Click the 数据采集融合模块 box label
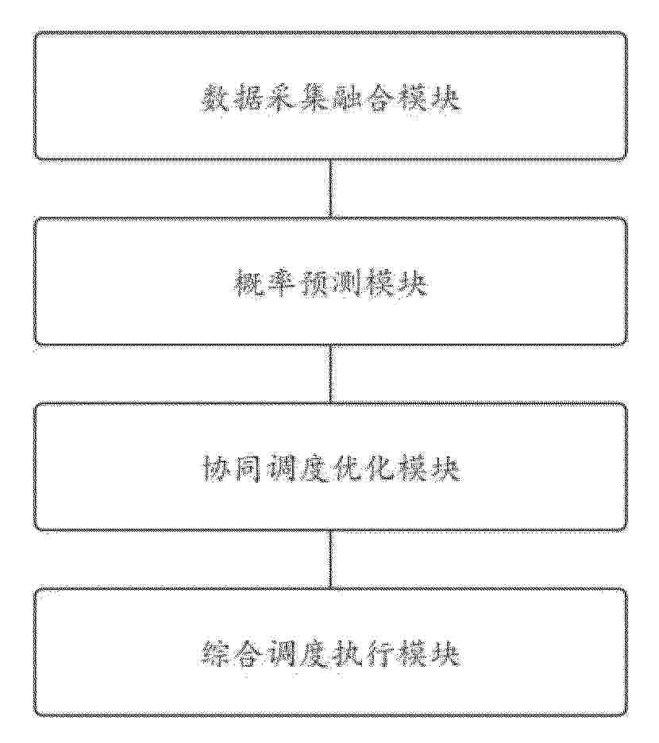click(330, 98)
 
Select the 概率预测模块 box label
click(330, 284)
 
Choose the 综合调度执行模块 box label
click(330, 655)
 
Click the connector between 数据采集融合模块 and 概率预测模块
click(330, 189)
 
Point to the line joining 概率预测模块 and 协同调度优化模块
click(330, 375)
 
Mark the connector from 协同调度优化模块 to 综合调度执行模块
click(330, 560)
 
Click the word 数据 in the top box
click(231, 98)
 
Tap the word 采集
click(297, 98)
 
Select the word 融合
click(364, 98)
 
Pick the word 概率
click(264, 284)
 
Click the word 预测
click(330, 284)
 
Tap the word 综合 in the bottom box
click(231, 655)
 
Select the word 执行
click(364, 655)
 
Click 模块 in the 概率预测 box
click(397, 284)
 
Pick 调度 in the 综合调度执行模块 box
click(297, 655)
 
